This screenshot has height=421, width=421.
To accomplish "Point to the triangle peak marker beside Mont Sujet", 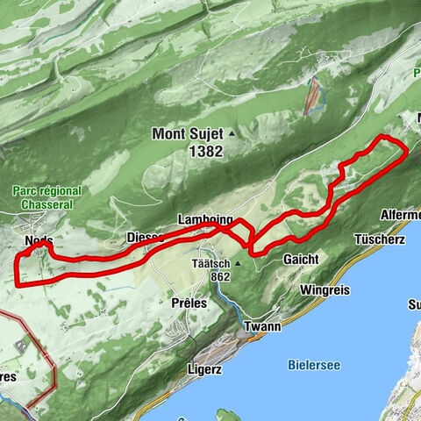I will pos(232,135).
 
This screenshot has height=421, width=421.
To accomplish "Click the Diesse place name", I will pos(146,237).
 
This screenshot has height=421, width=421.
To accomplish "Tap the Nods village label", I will pos(39,240).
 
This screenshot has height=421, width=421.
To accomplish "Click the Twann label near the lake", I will pos(262,326).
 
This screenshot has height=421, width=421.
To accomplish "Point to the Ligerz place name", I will pos(203,369).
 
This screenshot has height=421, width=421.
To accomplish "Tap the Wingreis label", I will pos(325,289).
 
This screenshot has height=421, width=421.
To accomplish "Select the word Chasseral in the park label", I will pos(47,205).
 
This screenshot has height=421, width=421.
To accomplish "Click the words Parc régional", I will pos(47,190).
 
